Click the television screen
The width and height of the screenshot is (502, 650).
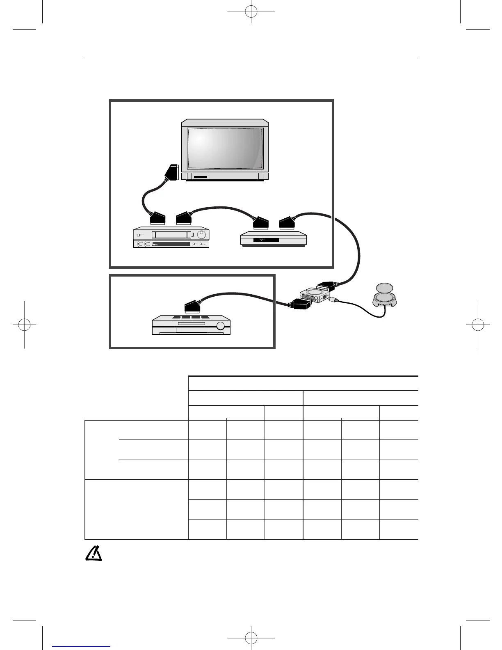coord(225,149)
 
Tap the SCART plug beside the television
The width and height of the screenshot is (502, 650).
coord(171,172)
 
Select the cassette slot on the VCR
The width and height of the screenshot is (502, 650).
coord(171,235)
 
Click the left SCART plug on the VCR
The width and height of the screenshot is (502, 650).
coord(157,218)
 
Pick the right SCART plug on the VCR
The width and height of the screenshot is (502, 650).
coord(184,218)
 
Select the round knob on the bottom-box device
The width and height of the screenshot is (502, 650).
coord(221,326)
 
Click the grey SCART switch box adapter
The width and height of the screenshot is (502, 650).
coord(314,296)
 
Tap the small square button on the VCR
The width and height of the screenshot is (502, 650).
coord(139,236)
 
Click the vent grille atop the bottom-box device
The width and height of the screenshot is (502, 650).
coord(191,318)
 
